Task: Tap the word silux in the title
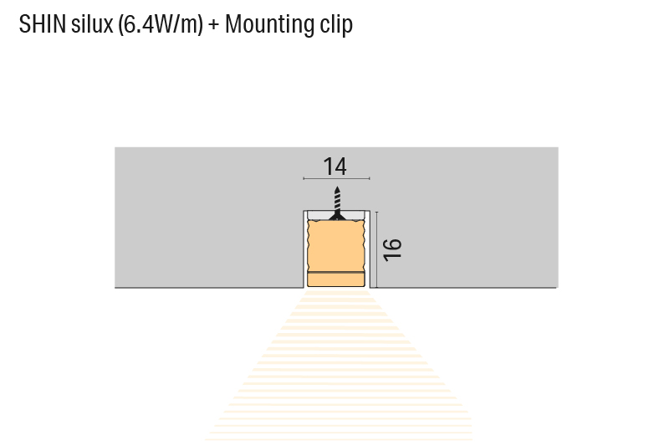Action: [x=91, y=24]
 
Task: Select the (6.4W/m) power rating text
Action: [x=161, y=25]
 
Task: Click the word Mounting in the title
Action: [x=270, y=25]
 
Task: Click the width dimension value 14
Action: [x=335, y=166]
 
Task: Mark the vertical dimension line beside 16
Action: [x=377, y=249]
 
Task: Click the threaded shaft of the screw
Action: [x=336, y=200]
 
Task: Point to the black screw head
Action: [x=336, y=216]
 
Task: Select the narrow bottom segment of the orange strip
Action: [x=336, y=279]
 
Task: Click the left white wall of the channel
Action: [x=304, y=251]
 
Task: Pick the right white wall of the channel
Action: [x=368, y=251]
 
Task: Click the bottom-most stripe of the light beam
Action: [x=339, y=438]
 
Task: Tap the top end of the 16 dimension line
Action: [x=377, y=211]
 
